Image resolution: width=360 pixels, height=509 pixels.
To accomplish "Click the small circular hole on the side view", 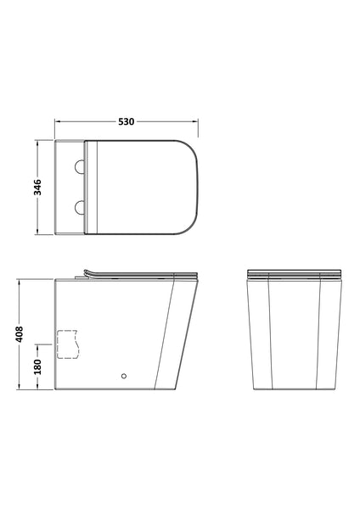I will pyautogui.click(x=124, y=373).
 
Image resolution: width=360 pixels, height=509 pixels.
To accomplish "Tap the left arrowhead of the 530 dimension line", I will pyautogui.click(x=59, y=122).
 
